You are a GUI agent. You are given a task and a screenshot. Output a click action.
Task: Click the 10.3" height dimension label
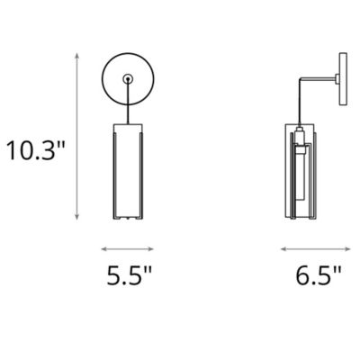click(x=36, y=148)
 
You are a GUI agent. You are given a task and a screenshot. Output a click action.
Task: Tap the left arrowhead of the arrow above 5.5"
click(x=103, y=248)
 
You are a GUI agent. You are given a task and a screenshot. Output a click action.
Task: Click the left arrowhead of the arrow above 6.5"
click(x=283, y=248)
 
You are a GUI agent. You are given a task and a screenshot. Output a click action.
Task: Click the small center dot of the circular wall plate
click(x=128, y=79)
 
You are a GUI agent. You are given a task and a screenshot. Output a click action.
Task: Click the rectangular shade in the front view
click(x=128, y=171)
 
